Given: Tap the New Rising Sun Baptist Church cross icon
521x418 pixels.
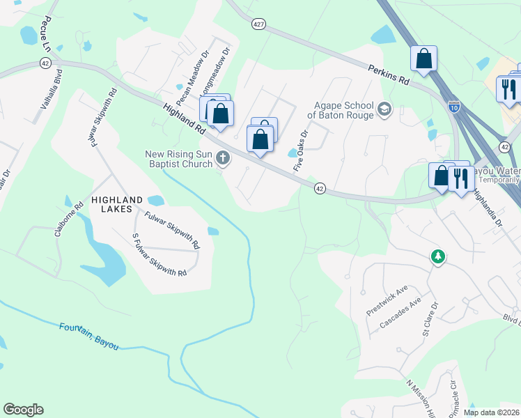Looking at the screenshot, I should tap(224, 158).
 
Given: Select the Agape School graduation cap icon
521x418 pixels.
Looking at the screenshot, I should tap(384, 109).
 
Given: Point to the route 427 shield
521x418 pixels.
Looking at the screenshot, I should tap(258, 24).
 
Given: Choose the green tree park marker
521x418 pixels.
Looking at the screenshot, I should tap(437, 257).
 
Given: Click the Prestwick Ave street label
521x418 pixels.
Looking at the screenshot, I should tap(387, 300).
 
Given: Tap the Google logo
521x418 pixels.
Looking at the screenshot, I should tap(23, 410).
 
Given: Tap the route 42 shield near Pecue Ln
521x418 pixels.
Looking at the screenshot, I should tap(45, 63).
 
